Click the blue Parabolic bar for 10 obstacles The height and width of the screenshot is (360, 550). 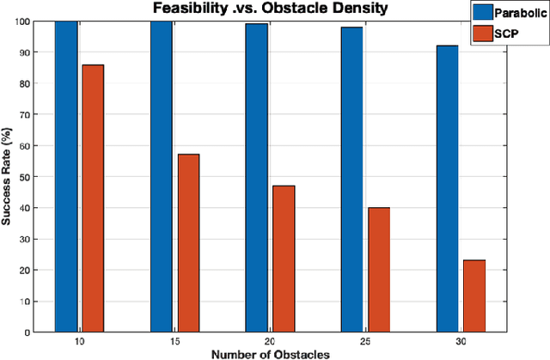click(66, 176)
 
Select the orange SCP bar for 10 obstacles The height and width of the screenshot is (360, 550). click(93, 198)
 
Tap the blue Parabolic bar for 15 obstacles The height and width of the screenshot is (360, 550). click(162, 176)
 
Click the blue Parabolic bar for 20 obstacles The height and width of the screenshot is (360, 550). click(256, 178)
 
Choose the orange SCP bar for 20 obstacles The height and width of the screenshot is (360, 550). click(283, 258)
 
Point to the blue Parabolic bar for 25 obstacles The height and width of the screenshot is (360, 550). click(351, 180)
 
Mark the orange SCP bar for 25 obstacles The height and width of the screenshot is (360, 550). click(378, 269)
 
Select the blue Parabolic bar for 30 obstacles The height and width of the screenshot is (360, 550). click(447, 188)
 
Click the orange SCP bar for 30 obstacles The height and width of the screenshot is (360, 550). click(474, 296)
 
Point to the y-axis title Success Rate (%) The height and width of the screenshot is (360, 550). click(8, 176)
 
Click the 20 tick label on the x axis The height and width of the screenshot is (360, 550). click(269, 340)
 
